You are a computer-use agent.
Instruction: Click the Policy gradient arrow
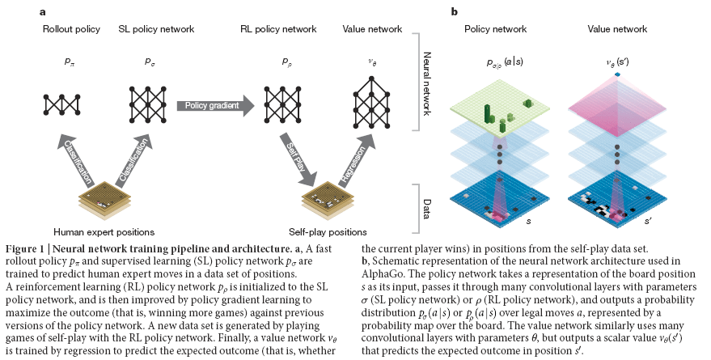[216, 106]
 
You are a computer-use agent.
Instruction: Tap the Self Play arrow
[297, 159]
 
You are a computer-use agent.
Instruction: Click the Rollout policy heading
[71, 29]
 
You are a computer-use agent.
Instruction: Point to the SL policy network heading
[156, 29]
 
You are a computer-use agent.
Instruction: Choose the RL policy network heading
[278, 29]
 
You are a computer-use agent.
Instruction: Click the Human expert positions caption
[104, 232]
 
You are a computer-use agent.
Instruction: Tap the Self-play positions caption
[328, 232]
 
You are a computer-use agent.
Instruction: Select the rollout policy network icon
[61, 104]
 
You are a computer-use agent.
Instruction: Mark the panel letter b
[454, 12]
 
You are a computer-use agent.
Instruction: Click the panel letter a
[42, 12]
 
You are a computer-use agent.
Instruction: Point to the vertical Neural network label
[427, 83]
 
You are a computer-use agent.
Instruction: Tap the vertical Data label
[427, 209]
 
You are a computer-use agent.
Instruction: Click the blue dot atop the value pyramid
[618, 74]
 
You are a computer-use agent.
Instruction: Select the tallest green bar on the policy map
[489, 113]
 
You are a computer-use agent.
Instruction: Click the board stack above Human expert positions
[99, 198]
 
